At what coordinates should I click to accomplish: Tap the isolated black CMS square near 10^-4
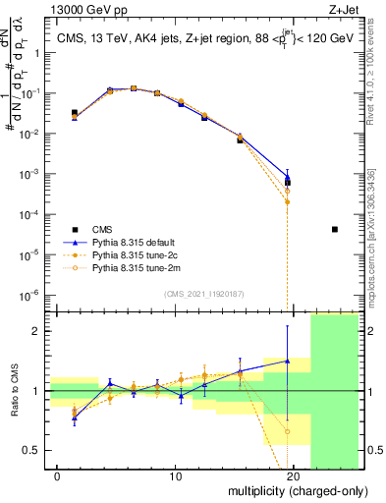(x=335, y=229)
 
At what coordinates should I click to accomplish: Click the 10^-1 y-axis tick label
(x=34, y=93)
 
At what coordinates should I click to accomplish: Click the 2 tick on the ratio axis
(x=40, y=331)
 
